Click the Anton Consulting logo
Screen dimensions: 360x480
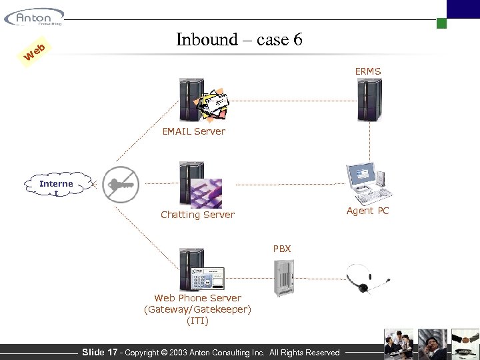click(34, 17)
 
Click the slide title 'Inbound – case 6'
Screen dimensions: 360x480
click(239, 39)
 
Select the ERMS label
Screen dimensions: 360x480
click(368, 71)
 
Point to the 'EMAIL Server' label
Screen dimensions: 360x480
click(193, 131)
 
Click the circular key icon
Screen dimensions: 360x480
click(121, 183)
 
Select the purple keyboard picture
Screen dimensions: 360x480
click(206, 193)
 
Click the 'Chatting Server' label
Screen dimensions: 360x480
click(197, 215)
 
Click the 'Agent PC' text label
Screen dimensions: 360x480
click(367, 211)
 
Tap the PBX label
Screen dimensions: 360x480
click(282, 249)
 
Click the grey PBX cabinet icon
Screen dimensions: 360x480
click(283, 277)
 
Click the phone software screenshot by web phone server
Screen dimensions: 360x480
click(208, 277)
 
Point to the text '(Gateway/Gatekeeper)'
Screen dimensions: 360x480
click(197, 309)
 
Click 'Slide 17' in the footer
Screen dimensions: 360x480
click(99, 352)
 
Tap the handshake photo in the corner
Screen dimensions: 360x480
click(465, 344)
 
